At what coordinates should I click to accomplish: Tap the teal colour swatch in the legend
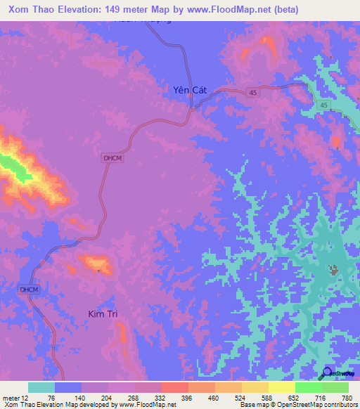click(41, 387)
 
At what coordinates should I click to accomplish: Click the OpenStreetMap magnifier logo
click(326, 373)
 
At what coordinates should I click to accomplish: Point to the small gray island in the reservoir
click(333, 268)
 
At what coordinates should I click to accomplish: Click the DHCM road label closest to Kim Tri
click(27, 289)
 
